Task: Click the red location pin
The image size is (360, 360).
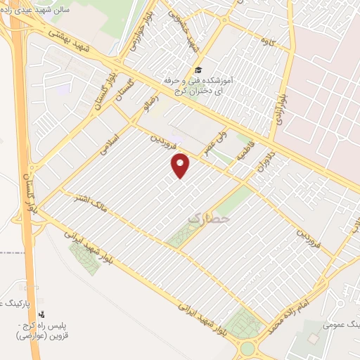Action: click(181, 166)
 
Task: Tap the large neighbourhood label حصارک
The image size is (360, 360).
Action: click(209, 220)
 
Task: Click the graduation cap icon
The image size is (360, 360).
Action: click(199, 70)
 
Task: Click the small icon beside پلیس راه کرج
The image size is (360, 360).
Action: click(41, 314)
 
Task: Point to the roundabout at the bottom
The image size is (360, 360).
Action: click(247, 348)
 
